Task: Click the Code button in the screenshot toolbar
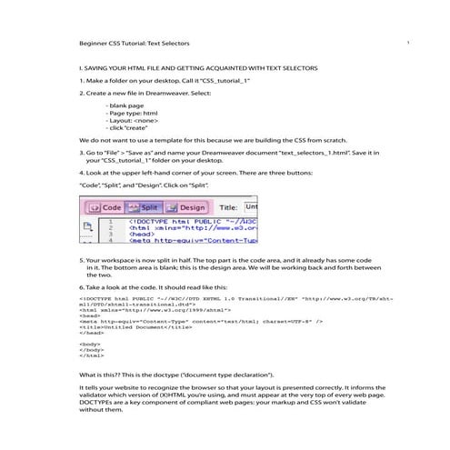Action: [x=105, y=207]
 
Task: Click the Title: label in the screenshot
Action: [x=230, y=207]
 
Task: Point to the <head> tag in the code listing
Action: [x=89, y=315]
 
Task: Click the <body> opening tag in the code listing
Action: [x=89, y=344]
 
